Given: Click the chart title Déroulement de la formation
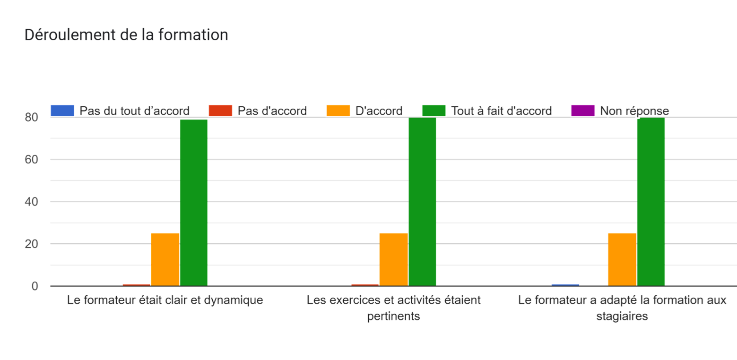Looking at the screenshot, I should (126, 35).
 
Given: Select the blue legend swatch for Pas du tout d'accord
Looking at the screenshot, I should (62, 111).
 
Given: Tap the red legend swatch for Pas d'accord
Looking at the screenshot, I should (220, 111).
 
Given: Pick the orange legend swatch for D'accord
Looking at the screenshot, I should (338, 111).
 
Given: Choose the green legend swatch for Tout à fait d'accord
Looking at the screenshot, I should (434, 111).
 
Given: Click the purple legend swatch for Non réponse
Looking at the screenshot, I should (583, 111).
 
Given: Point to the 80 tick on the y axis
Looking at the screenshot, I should (31, 117).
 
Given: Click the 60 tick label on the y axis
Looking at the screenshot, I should (31, 159).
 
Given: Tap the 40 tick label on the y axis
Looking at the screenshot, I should (31, 202).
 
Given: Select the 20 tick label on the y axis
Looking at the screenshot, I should (31, 244).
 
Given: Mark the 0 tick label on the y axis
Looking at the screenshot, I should (35, 286).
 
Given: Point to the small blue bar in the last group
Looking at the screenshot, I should (565, 284).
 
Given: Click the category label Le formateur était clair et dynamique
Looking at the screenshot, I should (165, 300).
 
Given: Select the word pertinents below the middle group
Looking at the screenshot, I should (393, 316).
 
